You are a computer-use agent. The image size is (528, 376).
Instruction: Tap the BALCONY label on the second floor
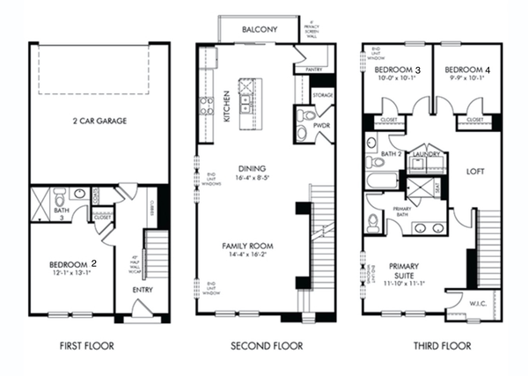pos(260,29)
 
